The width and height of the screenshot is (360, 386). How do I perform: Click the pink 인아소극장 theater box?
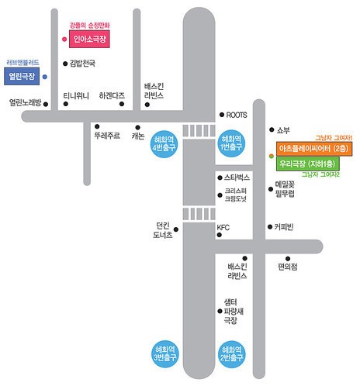coord(89,39)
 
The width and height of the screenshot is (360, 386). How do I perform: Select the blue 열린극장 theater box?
coord(22,76)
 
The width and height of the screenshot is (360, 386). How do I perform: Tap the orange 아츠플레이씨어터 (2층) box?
coord(314,149)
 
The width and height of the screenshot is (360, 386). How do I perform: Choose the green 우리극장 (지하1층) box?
coord(308,164)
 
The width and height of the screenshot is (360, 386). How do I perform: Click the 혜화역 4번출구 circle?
coord(164,144)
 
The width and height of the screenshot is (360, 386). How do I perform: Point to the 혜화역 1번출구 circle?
coord(231,143)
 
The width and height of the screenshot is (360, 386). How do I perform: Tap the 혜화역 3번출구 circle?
coord(165,353)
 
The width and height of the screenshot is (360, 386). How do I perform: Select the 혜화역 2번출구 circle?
coord(232,354)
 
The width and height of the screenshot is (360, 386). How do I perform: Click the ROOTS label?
coord(237,115)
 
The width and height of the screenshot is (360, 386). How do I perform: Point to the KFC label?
coord(223,228)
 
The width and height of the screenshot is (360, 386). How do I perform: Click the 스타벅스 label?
coord(237,177)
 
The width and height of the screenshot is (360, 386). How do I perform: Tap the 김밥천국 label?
coord(82,64)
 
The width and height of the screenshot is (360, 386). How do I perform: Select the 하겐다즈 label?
coord(112,96)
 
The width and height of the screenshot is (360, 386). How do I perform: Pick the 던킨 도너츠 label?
coord(163,230)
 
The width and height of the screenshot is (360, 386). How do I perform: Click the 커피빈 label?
coord(284,227)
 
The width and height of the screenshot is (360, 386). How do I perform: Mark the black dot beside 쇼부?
coord(272,129)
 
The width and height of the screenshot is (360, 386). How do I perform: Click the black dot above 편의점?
coord(288,258)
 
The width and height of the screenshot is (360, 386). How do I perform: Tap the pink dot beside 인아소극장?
coord(64,40)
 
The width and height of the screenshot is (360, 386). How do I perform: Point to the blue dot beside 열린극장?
coord(45,77)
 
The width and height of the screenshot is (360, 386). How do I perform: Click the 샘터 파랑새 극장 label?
coord(234,312)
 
